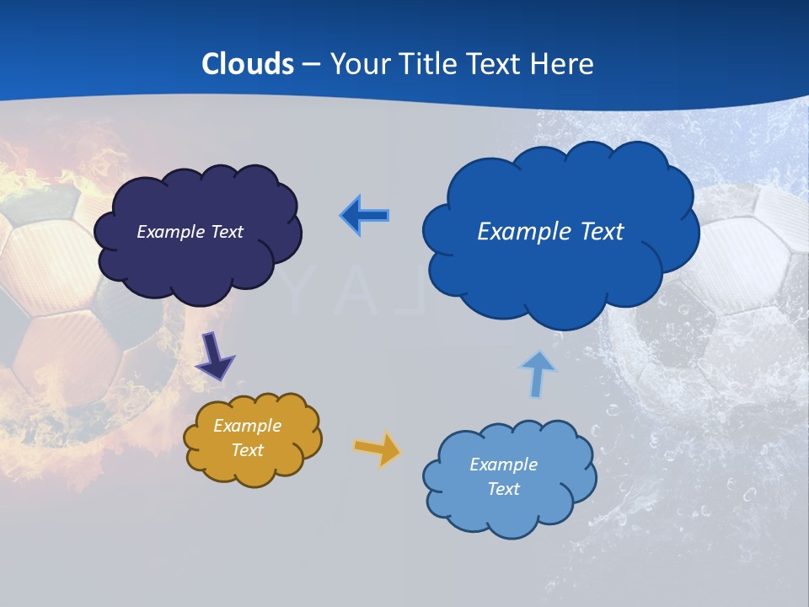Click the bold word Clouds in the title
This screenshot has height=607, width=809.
(x=248, y=64)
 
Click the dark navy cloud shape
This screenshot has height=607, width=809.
(x=196, y=261)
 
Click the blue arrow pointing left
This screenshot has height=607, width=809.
(x=365, y=216)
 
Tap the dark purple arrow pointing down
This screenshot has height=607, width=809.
(x=216, y=356)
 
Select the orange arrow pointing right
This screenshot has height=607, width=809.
(x=378, y=449)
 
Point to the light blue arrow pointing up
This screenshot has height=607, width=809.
(x=537, y=374)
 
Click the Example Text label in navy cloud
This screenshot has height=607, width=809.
(x=190, y=232)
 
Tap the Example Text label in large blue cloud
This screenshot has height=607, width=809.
(x=550, y=232)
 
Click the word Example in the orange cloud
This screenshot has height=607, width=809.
(x=247, y=426)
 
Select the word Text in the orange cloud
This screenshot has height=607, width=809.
(x=247, y=450)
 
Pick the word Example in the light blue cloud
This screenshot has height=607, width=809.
(x=503, y=465)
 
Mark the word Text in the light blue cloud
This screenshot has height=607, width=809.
(x=503, y=489)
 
